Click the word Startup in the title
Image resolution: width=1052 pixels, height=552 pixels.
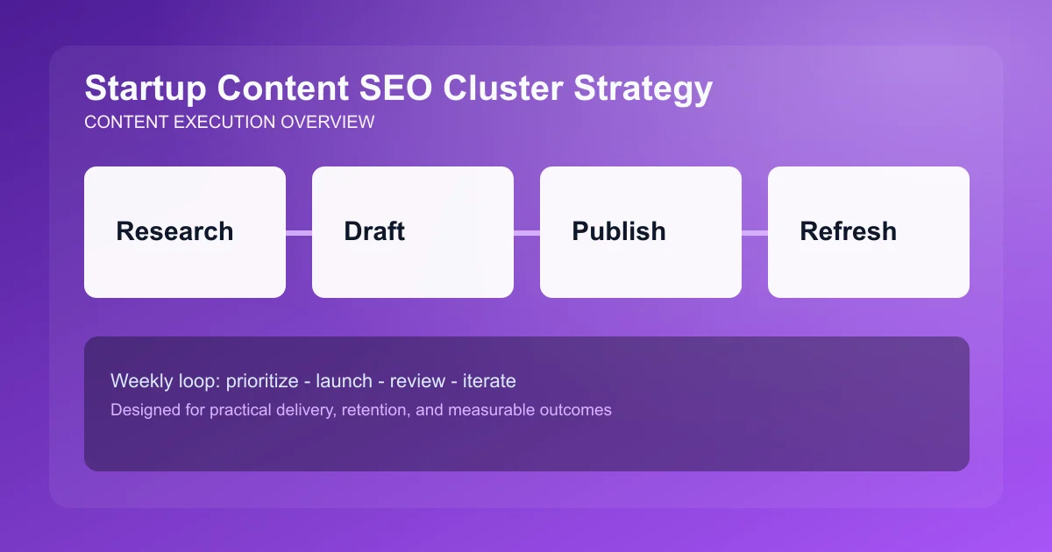click(143, 89)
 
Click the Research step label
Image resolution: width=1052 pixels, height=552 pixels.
click(174, 231)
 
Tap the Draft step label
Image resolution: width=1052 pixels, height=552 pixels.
click(374, 231)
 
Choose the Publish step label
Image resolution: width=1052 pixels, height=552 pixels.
click(619, 231)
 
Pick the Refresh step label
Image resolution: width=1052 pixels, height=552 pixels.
click(848, 231)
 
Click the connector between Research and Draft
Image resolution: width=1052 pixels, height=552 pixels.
click(299, 232)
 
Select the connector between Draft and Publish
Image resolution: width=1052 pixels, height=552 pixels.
click(527, 232)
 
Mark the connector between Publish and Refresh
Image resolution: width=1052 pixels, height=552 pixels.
click(755, 232)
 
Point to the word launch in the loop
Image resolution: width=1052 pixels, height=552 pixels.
click(344, 381)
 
